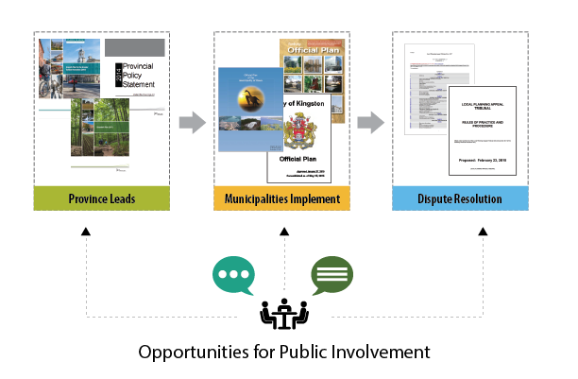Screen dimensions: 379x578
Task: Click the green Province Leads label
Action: click(103, 198)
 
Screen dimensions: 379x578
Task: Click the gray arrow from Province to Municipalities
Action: click(192, 121)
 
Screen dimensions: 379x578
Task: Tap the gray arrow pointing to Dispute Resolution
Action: click(371, 121)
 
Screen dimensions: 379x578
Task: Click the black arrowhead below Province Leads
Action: click(86, 230)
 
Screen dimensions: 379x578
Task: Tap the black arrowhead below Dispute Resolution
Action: click(483, 230)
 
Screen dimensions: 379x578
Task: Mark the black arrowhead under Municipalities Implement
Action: click(283, 230)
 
